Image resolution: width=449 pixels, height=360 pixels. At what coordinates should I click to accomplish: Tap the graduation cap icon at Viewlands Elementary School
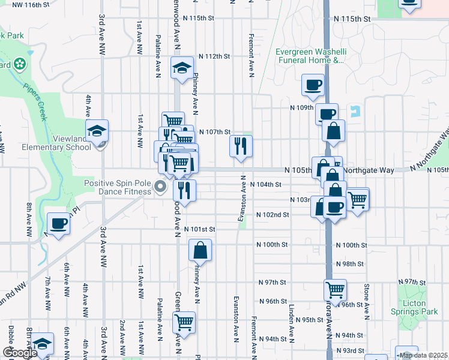coord(97,130)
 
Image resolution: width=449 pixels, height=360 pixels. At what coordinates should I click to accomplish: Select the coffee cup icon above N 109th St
coord(312,86)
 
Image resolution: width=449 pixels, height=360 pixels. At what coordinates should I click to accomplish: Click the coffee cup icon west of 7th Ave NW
coord(58,224)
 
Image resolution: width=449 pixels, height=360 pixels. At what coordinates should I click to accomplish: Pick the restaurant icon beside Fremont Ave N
coord(241,146)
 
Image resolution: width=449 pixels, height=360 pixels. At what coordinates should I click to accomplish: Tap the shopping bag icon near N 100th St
coord(200,250)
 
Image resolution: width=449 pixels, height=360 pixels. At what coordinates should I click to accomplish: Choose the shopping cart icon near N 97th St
coord(335,290)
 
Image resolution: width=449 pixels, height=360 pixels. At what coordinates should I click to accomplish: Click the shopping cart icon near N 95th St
coord(184,322)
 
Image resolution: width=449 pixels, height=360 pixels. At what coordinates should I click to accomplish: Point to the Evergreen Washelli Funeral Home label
coord(309,56)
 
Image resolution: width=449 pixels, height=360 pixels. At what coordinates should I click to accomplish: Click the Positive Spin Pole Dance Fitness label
coord(118,187)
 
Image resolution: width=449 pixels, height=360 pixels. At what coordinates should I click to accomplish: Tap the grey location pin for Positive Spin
coord(160,187)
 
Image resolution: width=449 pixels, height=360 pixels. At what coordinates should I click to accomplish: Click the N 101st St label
coord(199,229)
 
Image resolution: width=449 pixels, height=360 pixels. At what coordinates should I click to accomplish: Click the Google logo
coord(20,353)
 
